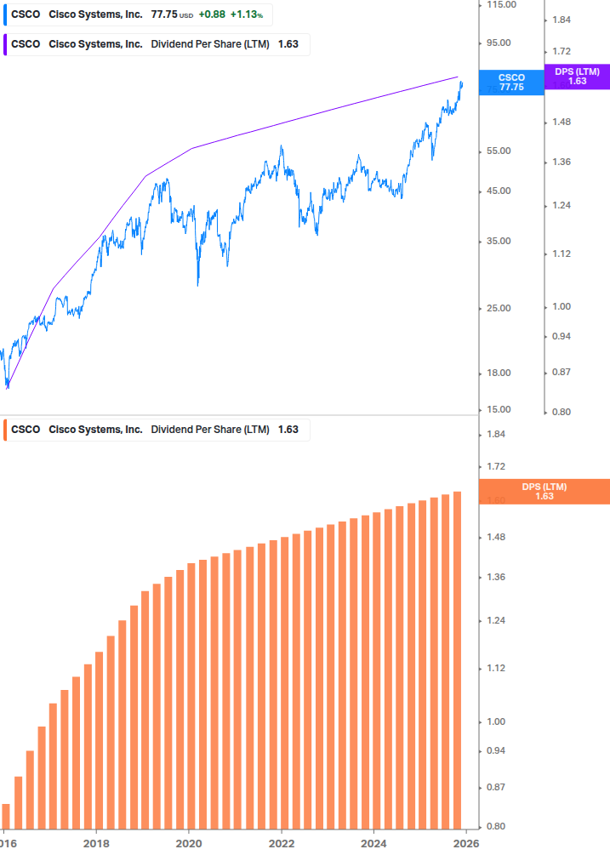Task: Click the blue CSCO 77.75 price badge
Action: (511, 83)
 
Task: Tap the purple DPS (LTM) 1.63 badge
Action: (577, 77)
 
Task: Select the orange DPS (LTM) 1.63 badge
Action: (544, 492)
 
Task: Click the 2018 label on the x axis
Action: (96, 842)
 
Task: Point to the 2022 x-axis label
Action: (282, 842)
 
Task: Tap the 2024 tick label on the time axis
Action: (373, 842)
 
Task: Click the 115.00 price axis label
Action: (499, 5)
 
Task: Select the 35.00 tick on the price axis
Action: (499, 242)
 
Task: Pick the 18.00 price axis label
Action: (499, 373)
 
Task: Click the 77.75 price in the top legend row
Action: (162, 14)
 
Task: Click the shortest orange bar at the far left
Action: (6, 815)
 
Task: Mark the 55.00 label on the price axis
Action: (499, 151)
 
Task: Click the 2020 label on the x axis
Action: (189, 842)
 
